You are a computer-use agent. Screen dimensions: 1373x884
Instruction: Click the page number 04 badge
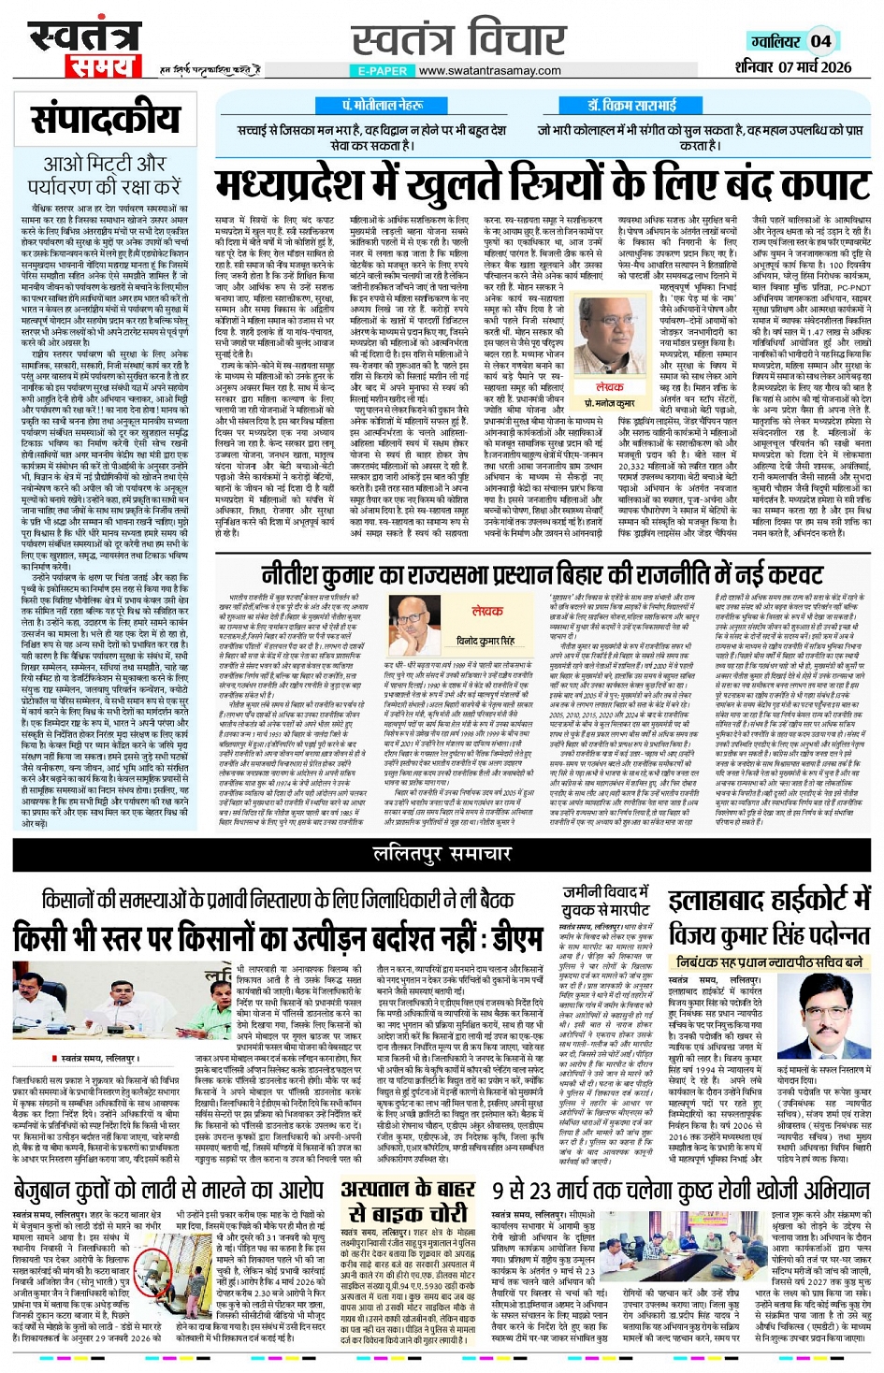point(819,41)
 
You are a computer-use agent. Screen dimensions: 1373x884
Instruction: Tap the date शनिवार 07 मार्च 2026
point(792,67)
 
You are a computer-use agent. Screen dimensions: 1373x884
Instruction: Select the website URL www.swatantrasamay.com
point(491,71)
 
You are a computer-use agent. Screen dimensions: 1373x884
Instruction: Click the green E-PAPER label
point(383,71)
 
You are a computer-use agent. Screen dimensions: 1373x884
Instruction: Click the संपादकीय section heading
point(105,120)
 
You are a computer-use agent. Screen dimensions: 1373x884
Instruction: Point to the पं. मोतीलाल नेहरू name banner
point(382,106)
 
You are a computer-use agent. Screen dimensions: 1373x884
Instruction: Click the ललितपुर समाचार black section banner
point(442,854)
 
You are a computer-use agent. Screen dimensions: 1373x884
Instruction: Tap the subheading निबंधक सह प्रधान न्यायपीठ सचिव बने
point(769,961)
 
